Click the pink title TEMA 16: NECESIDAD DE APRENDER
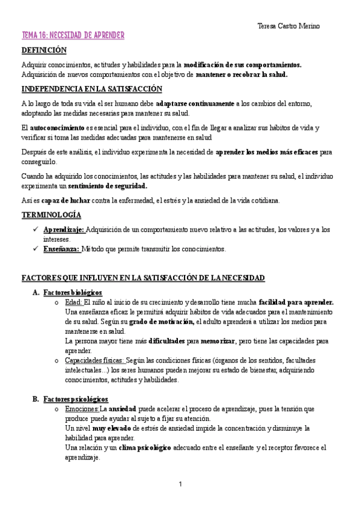click(73, 36)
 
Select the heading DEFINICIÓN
click(44, 51)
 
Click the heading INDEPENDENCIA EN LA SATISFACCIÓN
click(91, 88)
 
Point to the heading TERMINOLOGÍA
click(51, 215)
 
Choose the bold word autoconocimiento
click(57, 127)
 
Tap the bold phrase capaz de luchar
click(53, 200)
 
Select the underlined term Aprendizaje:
click(64, 229)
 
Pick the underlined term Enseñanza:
click(62, 248)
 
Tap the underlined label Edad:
click(72, 302)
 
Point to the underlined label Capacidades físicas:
click(94, 360)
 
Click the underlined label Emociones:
click(81, 409)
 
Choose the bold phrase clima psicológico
click(145, 447)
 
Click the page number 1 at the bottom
click(180, 484)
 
